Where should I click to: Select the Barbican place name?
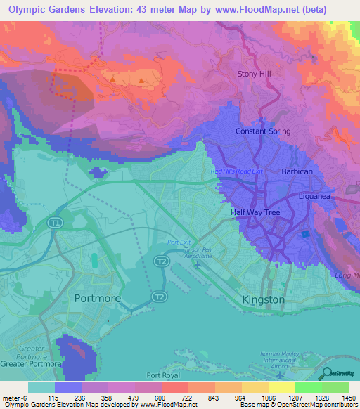[296, 171]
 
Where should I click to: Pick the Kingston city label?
[263, 299]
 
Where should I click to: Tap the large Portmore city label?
[97, 298]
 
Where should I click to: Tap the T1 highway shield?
[55, 223]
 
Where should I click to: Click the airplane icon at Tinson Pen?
[199, 266]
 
